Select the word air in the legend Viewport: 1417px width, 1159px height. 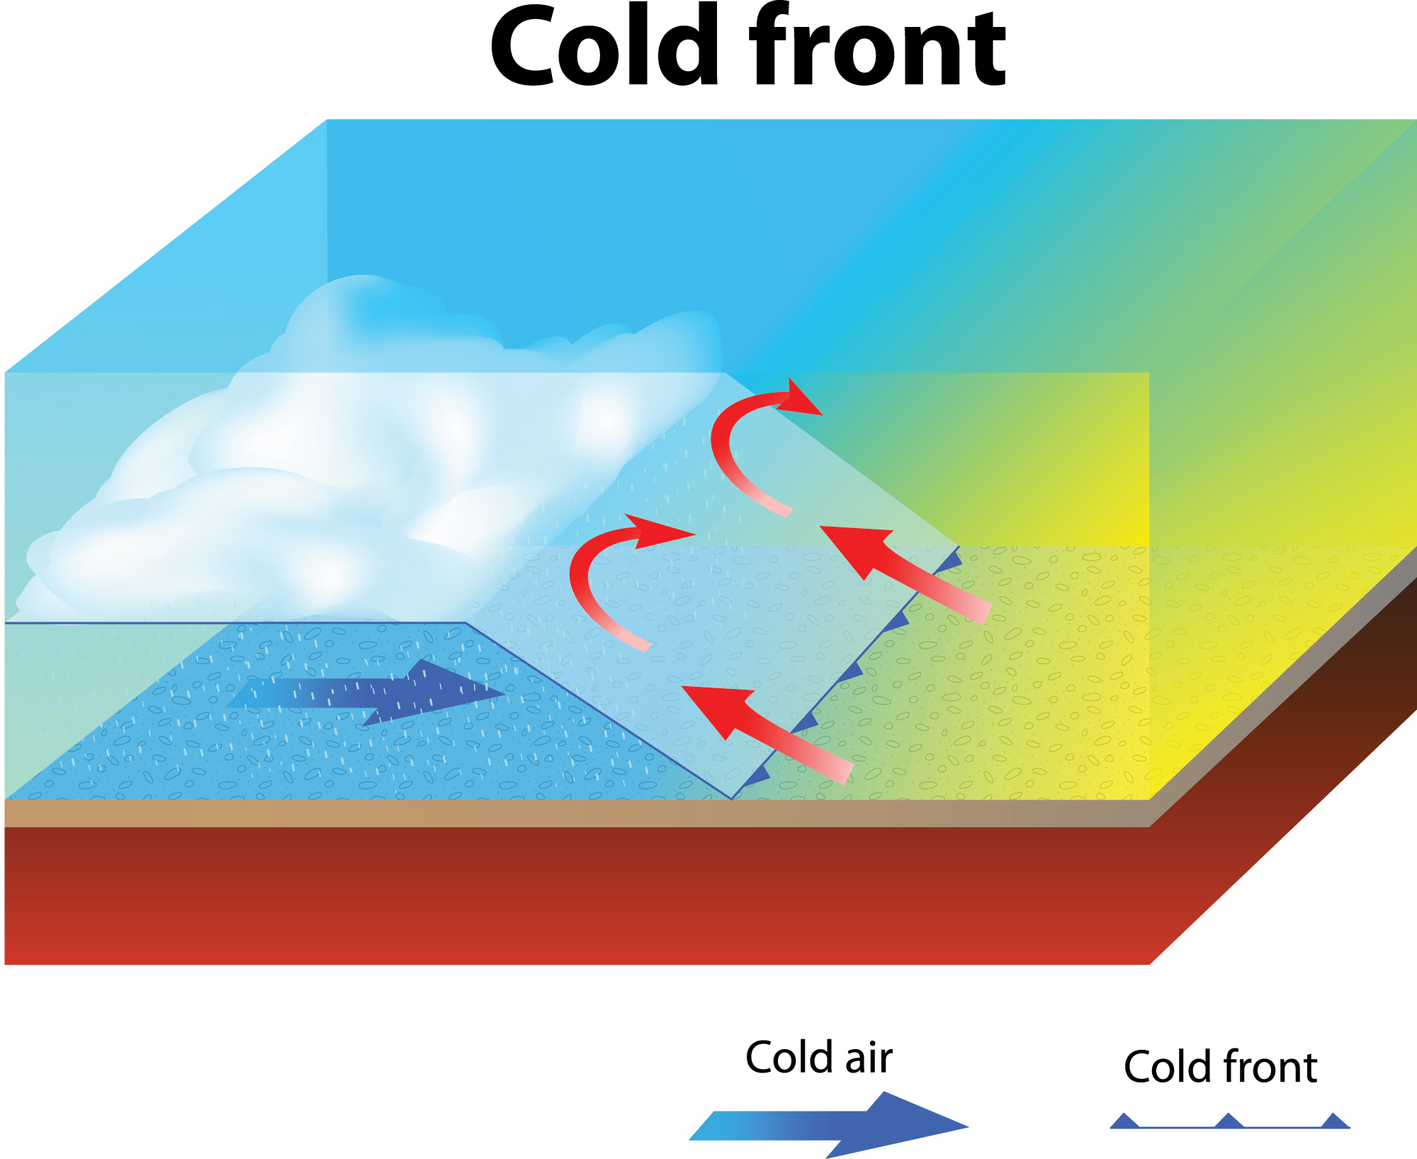[x=868, y=1058]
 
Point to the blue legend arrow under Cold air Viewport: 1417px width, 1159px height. [x=829, y=1125]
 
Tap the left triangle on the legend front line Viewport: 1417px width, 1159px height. [x=1124, y=1121]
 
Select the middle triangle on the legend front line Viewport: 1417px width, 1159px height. [x=1229, y=1121]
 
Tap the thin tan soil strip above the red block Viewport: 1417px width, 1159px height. [x=567, y=813]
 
